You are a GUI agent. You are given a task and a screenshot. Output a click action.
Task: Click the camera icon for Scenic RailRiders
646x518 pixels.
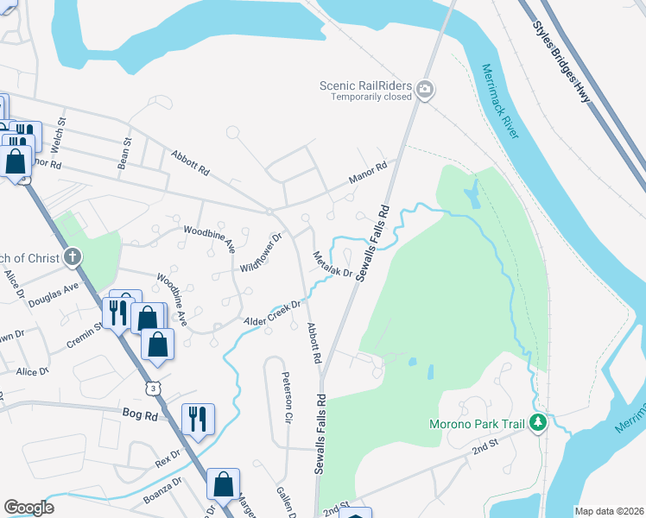(x=424, y=89)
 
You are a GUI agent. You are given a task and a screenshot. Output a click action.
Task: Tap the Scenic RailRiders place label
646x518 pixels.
(x=367, y=85)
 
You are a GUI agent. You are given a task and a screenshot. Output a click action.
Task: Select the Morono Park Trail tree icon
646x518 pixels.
(x=538, y=423)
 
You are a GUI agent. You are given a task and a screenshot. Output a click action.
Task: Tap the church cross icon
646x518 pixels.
(x=73, y=258)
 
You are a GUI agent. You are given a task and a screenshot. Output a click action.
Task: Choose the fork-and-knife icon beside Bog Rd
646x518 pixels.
(x=198, y=420)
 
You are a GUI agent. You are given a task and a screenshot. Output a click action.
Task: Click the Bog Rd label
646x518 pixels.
(x=139, y=415)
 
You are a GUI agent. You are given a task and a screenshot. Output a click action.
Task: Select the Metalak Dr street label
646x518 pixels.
(x=332, y=264)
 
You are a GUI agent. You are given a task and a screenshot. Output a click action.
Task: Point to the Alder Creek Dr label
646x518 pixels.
(x=272, y=312)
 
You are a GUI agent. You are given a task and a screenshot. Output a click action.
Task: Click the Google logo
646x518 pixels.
(x=28, y=507)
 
